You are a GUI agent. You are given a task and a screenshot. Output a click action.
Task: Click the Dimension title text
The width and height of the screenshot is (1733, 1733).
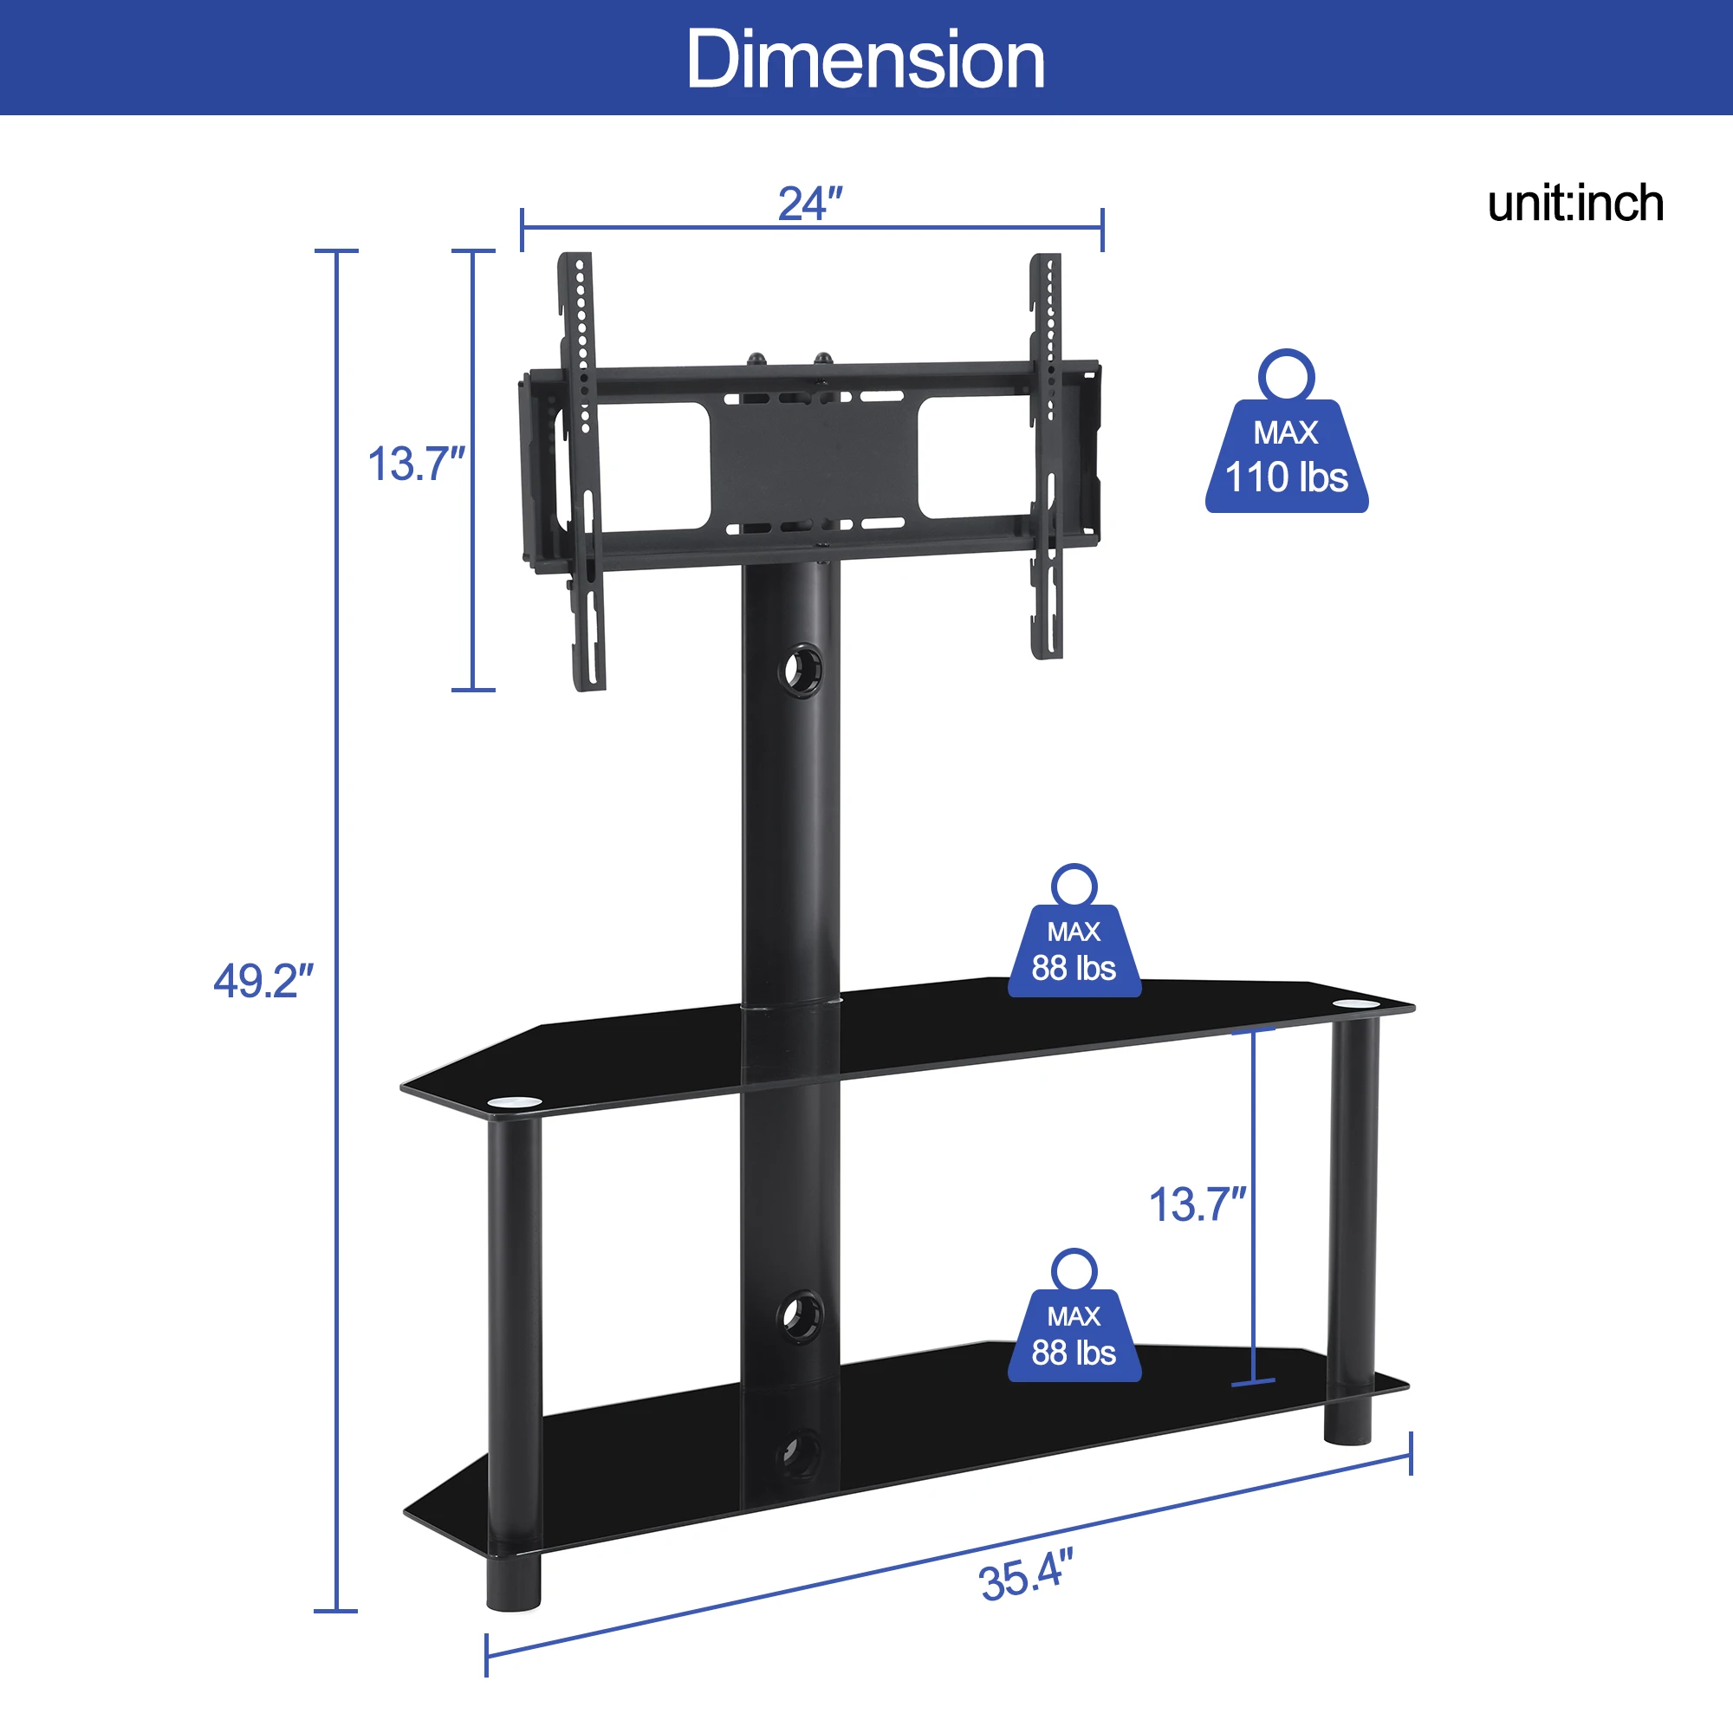[866, 59]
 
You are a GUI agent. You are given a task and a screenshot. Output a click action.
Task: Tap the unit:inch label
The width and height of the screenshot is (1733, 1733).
[1575, 204]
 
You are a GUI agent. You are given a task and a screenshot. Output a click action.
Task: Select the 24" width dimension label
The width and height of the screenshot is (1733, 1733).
[810, 204]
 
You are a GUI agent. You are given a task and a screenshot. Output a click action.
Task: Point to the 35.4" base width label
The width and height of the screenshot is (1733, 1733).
[1026, 1576]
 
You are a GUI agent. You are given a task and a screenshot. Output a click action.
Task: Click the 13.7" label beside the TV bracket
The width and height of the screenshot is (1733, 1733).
[416, 464]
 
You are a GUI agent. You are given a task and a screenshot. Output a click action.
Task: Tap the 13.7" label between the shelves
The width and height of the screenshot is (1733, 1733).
[1198, 1204]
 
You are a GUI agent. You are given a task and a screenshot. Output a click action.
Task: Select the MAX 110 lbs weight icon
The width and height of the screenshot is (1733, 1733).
[1286, 432]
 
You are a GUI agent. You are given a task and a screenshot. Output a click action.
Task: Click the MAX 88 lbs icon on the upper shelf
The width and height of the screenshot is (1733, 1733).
[1074, 931]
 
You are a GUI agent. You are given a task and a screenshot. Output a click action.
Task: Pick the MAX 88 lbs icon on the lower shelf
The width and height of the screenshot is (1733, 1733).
[1074, 1315]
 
